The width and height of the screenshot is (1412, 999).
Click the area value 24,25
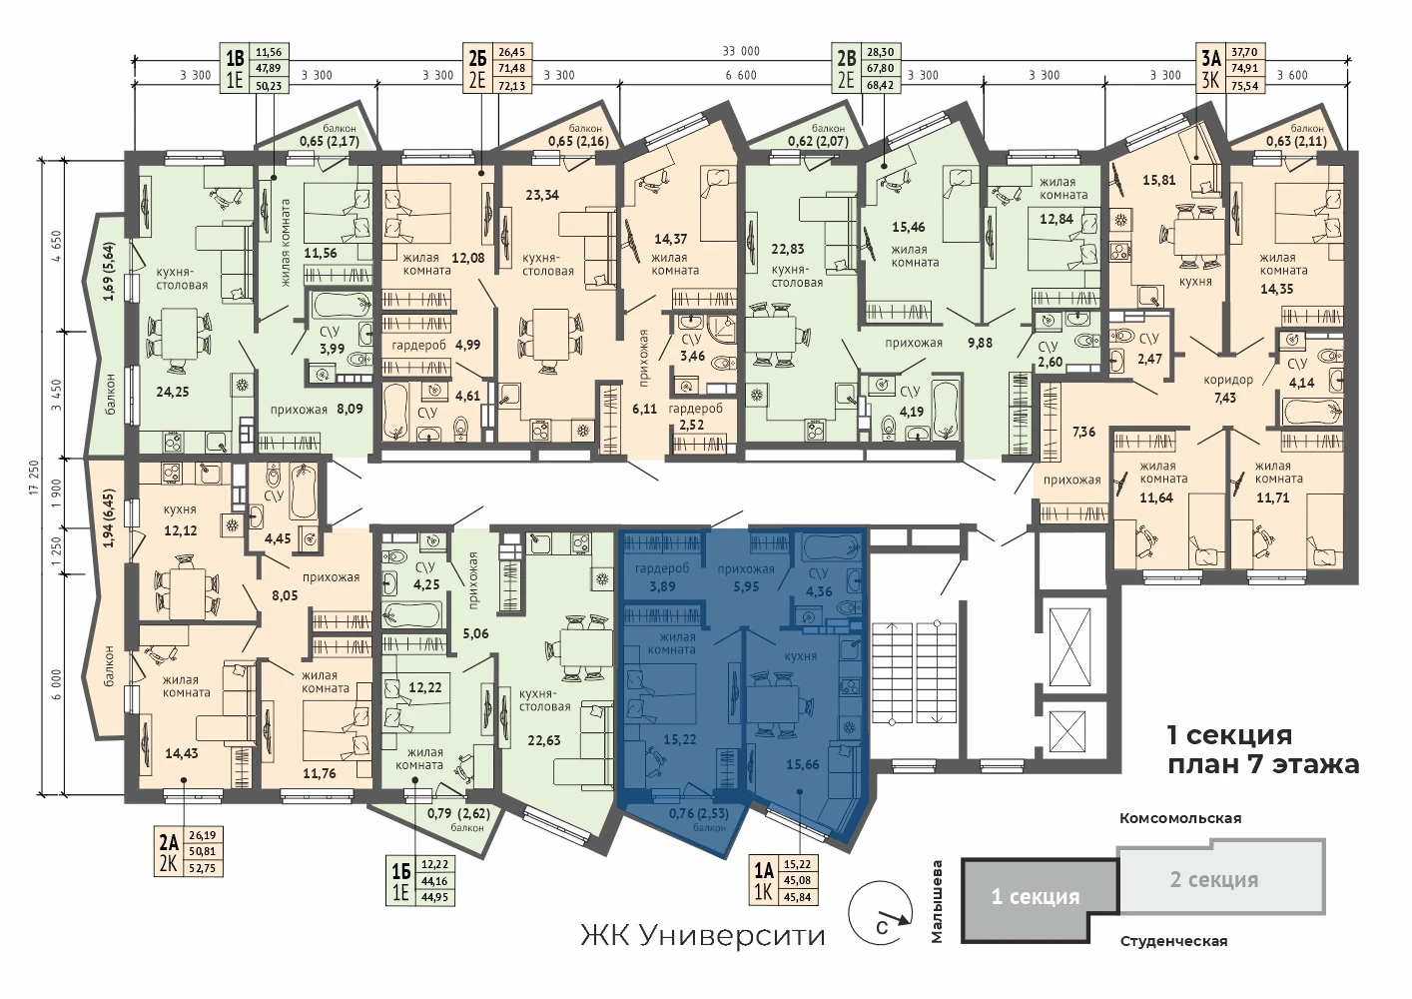coord(173,392)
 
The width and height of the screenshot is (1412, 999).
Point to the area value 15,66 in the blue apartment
coord(803,765)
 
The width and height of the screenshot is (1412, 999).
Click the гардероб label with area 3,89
coord(662,576)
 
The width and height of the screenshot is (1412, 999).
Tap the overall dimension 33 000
coord(741,51)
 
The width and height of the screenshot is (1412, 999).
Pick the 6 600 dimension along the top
coord(741,75)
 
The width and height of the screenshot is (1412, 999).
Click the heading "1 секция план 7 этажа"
coord(1263,749)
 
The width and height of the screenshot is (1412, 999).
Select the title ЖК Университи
coord(702,936)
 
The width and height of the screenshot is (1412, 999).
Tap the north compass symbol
coord(881,913)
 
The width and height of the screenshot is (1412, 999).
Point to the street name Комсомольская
coord(1180,818)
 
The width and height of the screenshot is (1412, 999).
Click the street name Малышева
coord(937,902)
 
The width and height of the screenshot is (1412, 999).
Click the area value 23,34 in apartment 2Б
coord(542,195)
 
